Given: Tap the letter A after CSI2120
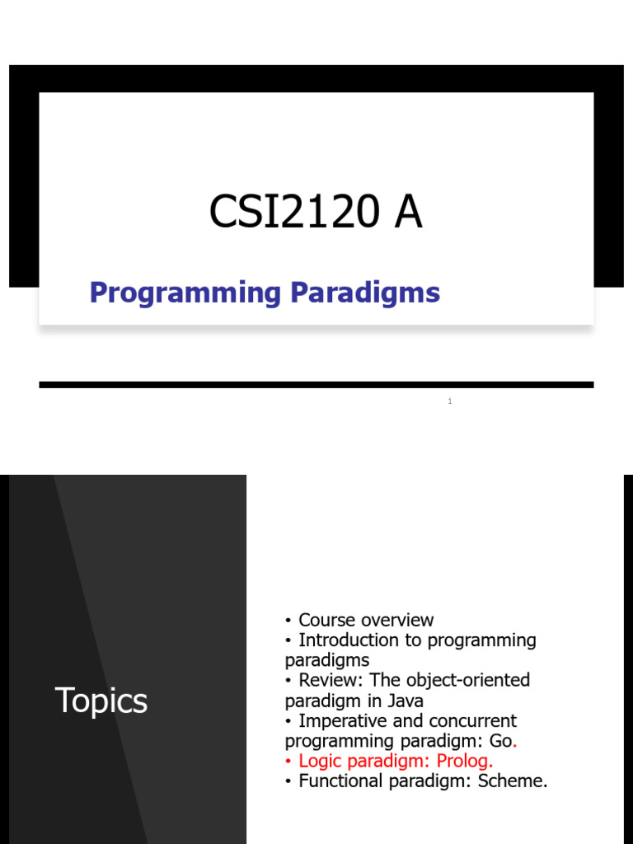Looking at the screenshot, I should (408, 212).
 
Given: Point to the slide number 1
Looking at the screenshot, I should (450, 401).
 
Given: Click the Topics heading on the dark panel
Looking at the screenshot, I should (101, 701).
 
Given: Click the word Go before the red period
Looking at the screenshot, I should (501, 741).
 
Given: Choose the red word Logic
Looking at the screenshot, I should (320, 761).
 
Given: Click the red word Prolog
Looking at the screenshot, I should (462, 761).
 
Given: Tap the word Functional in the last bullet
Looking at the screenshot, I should (340, 781).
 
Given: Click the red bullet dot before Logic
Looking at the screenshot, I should (288, 762).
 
